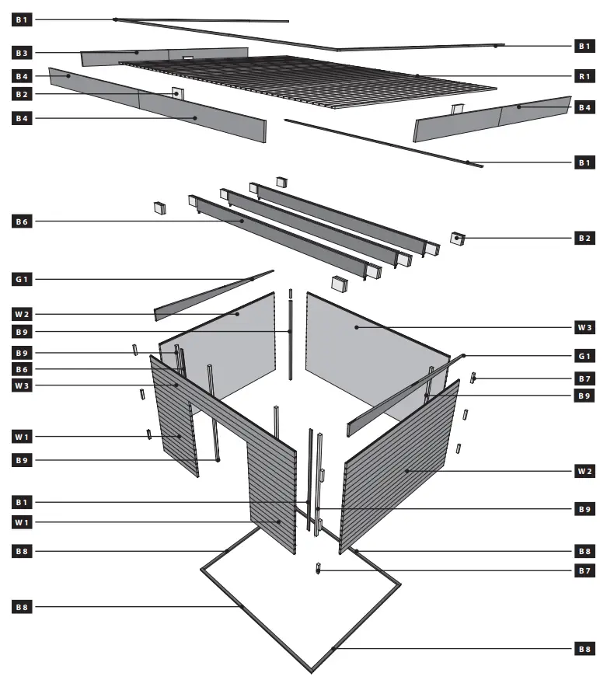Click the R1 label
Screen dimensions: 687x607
(584, 77)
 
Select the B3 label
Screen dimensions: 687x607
(22, 53)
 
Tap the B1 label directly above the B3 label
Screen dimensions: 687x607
(22, 19)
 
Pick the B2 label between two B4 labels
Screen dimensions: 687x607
(22, 95)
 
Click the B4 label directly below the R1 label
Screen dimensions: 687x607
(584, 107)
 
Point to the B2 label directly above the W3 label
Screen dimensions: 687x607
(584, 238)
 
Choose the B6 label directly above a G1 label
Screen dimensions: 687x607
(22, 221)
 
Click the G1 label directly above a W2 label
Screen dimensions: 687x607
(22, 278)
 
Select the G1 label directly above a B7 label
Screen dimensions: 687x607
(584, 356)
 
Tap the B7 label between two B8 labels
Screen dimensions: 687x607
(584, 571)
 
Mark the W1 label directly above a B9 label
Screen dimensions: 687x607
(22, 437)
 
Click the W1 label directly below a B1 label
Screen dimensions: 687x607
(22, 522)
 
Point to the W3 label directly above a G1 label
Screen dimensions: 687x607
(584, 328)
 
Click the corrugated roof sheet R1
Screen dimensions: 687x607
(311, 82)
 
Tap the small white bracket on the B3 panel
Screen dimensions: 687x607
(187, 58)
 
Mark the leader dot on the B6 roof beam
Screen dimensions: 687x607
(243, 221)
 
